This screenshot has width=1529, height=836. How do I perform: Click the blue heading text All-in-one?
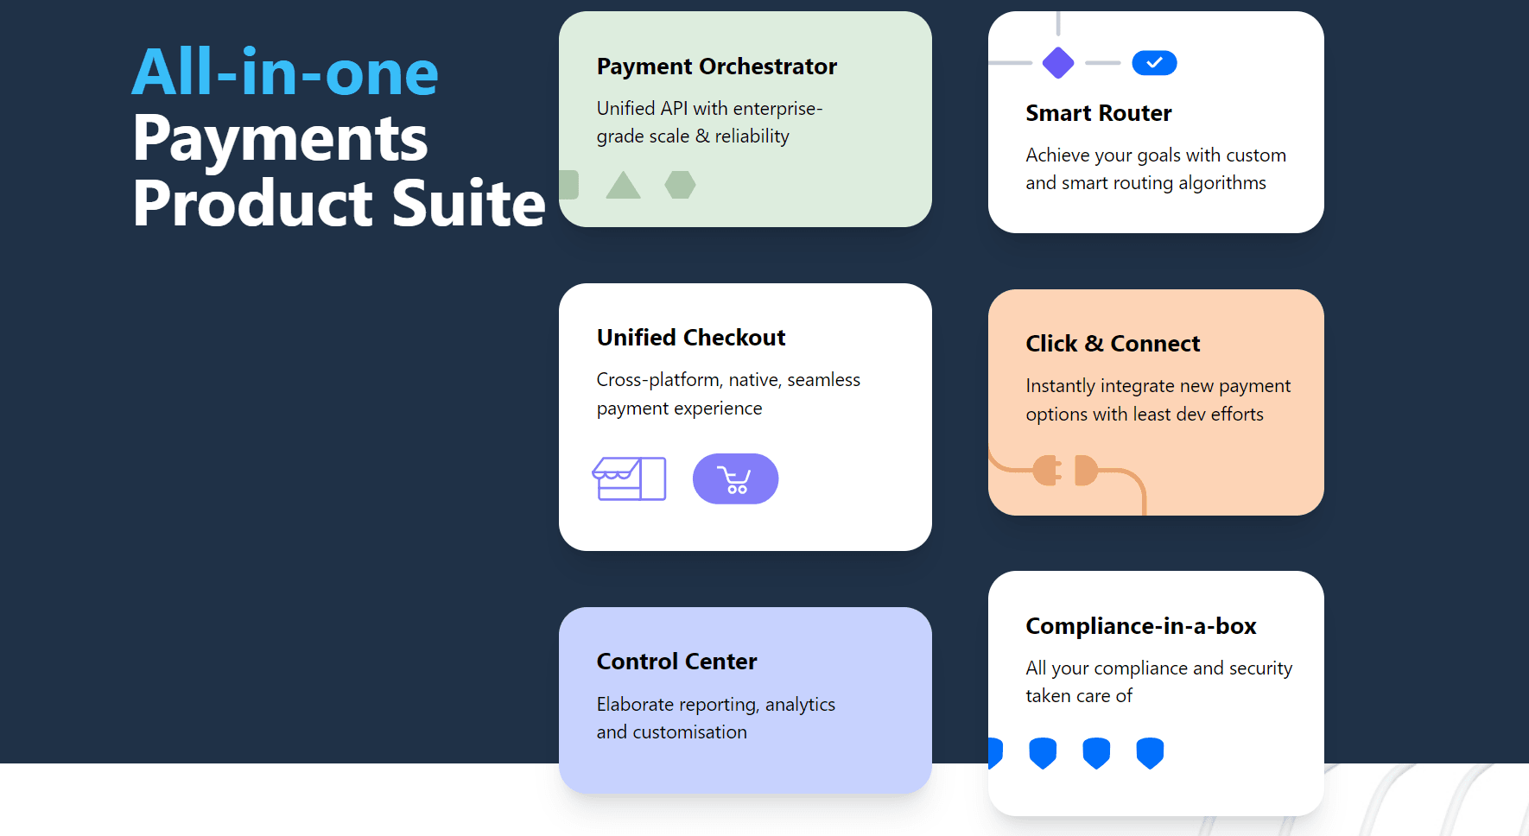coord(285,73)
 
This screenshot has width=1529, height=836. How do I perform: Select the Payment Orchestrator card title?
coord(717,66)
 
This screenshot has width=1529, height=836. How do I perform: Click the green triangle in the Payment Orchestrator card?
coord(623,185)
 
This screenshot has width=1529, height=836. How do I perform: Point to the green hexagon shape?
coord(680,185)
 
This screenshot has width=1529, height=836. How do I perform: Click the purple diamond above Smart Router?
coord(1058,63)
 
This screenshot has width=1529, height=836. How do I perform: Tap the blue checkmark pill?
coord(1154,63)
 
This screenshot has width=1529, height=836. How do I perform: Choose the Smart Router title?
coord(1099,113)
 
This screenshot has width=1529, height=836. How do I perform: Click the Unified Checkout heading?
coord(691,338)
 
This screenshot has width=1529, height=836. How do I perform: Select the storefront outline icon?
coord(629,478)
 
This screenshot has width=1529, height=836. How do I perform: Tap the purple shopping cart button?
coord(735,479)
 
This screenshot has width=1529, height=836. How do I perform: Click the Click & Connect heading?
coord(1113,344)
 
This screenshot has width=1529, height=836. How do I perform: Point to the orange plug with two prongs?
coord(1047,470)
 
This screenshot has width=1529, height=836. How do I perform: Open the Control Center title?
coord(676,662)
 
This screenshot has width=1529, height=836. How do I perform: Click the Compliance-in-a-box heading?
coord(1141,626)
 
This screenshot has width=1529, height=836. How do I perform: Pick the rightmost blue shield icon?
coord(1150,753)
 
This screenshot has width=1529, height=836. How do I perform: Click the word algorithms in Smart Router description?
coord(1222,183)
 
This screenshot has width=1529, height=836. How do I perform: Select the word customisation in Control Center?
coord(689,732)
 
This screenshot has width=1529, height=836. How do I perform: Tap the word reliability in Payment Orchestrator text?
coord(752,136)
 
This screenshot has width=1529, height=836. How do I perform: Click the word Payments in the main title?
coord(281,140)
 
